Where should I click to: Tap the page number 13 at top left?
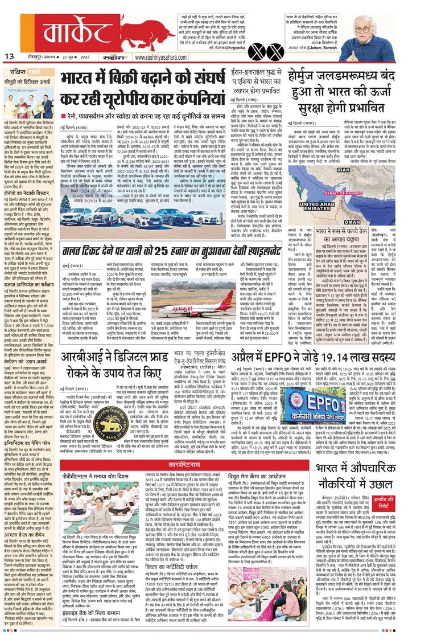click(x=9, y=56)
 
